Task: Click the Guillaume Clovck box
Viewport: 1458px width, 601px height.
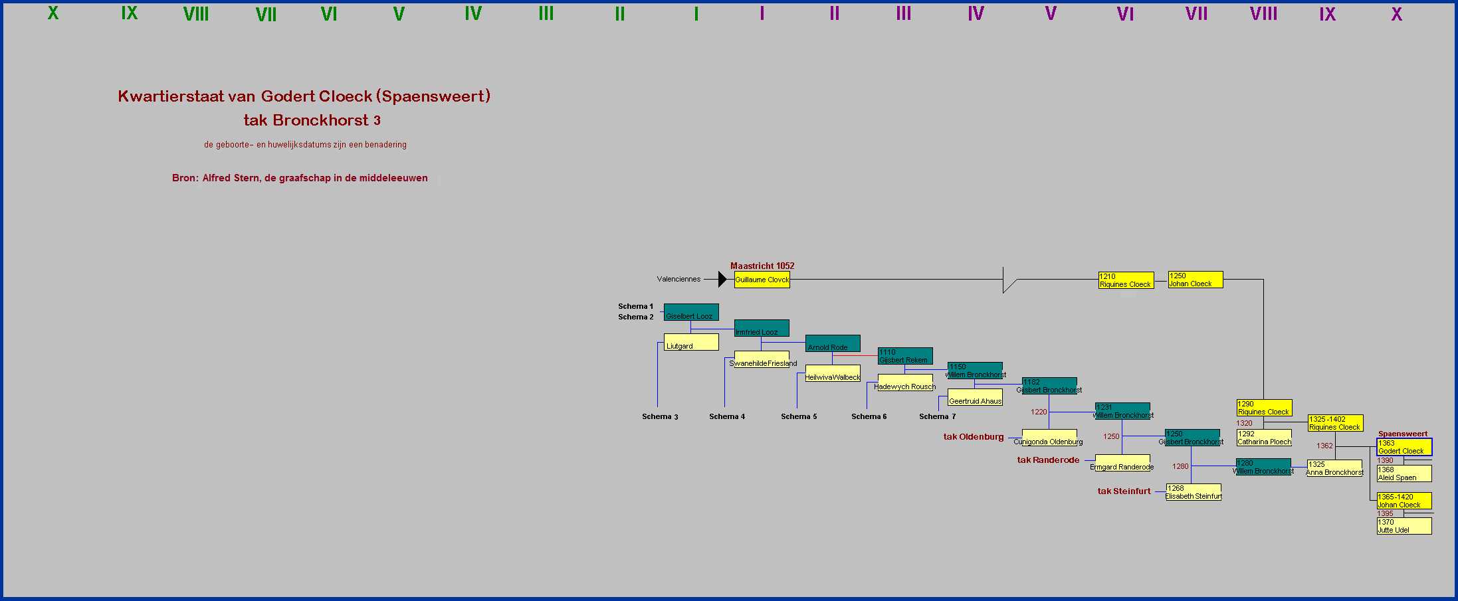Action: point(762,280)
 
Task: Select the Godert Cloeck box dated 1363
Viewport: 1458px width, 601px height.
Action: point(1404,447)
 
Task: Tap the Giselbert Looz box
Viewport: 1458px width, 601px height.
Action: point(690,312)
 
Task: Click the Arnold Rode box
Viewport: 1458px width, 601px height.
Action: point(832,343)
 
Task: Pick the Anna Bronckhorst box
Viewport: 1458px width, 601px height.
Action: point(1334,468)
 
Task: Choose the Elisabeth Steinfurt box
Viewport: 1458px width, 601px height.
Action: point(1193,492)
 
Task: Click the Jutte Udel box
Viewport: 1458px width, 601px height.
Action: point(1404,526)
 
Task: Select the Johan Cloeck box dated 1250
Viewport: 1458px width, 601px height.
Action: point(1195,280)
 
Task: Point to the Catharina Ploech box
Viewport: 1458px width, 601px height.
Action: point(1264,438)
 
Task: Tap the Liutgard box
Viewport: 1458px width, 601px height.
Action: point(691,342)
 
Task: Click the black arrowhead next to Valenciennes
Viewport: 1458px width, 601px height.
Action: point(722,280)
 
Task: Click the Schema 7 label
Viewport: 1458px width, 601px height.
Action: point(937,416)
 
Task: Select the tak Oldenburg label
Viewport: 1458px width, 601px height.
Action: point(974,437)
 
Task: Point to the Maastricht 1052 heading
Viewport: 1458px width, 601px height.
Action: point(762,266)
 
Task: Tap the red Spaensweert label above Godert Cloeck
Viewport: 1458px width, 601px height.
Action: point(1402,434)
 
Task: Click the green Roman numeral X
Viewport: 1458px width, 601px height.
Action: point(53,13)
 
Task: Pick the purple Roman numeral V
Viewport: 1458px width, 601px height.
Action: point(1050,13)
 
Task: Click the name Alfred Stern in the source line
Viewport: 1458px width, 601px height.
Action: point(231,178)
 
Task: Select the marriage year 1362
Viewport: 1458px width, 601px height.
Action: point(1324,446)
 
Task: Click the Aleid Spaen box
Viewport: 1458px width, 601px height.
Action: point(1404,473)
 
